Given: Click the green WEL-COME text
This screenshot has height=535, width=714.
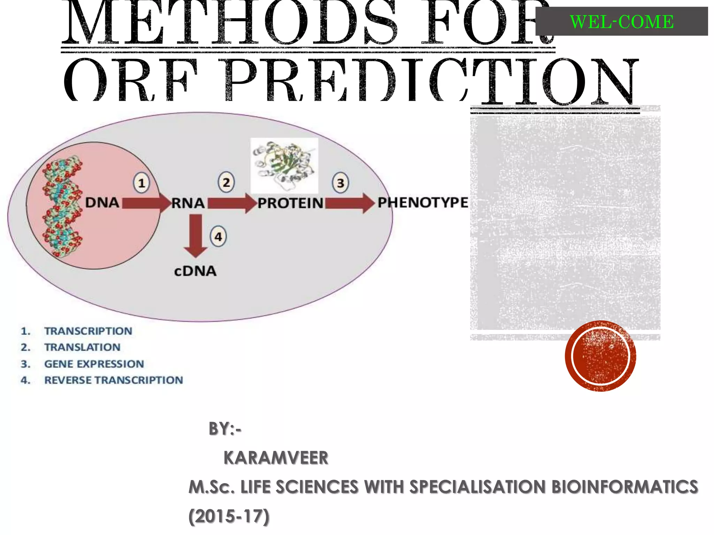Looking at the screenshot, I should tap(622, 22).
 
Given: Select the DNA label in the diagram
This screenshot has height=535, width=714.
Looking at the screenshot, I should tap(102, 202).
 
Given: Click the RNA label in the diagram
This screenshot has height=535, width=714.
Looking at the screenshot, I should tap(188, 203).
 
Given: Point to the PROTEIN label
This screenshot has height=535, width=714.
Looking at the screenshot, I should tap(290, 203).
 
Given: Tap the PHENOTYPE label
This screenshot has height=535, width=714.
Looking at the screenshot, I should tap(423, 202).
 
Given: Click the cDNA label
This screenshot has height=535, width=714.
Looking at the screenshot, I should tap(195, 271).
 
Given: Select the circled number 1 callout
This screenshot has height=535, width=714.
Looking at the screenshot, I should tap(142, 183).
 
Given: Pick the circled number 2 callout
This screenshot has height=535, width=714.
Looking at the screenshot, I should tap(226, 183).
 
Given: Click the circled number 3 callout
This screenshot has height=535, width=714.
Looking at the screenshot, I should tap(340, 183).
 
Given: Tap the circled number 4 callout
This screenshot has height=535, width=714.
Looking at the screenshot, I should tap(218, 237).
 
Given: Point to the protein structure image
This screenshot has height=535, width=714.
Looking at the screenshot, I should tap(284, 165).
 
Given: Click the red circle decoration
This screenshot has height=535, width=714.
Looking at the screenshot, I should tap(600, 356).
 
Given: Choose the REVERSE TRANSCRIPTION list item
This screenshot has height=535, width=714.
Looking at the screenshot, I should tap(113, 380).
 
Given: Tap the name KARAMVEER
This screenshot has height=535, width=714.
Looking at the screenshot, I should tap(276, 458).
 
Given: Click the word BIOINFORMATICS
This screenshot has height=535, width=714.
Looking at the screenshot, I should tap(625, 487).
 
